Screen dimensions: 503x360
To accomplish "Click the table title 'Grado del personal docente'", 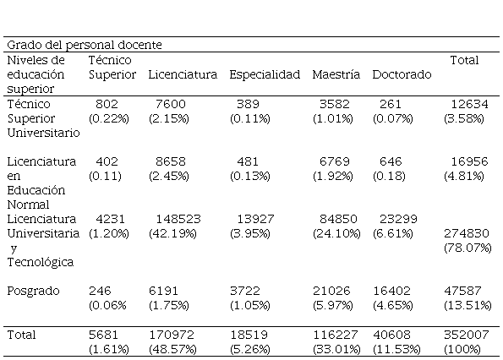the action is [x=85, y=45].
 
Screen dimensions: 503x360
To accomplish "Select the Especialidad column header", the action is [x=265, y=74].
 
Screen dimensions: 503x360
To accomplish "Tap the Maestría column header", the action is [x=336, y=74].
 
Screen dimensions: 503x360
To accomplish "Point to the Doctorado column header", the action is [x=402, y=74].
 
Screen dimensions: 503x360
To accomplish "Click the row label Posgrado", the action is [x=33, y=291].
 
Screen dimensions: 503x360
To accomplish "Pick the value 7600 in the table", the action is [x=171, y=104].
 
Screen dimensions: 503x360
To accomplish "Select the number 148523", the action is [x=178, y=219].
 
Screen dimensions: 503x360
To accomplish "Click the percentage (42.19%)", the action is [x=172, y=233].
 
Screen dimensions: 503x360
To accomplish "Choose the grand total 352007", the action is [x=467, y=335].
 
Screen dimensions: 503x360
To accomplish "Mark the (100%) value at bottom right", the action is [x=462, y=349].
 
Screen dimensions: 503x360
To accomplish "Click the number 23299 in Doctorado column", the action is [x=398, y=219].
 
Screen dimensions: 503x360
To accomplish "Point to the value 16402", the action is [x=391, y=291].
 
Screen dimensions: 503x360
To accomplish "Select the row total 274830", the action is [x=467, y=233].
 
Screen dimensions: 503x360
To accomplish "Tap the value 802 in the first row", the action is [x=107, y=104].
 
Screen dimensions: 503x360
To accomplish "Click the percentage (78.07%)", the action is [x=467, y=248].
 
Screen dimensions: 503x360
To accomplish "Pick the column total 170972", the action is [x=172, y=335].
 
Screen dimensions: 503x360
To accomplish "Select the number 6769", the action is [x=335, y=161].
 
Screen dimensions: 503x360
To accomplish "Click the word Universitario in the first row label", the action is [x=44, y=133].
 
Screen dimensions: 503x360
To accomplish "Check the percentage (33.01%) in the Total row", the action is [x=336, y=349].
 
